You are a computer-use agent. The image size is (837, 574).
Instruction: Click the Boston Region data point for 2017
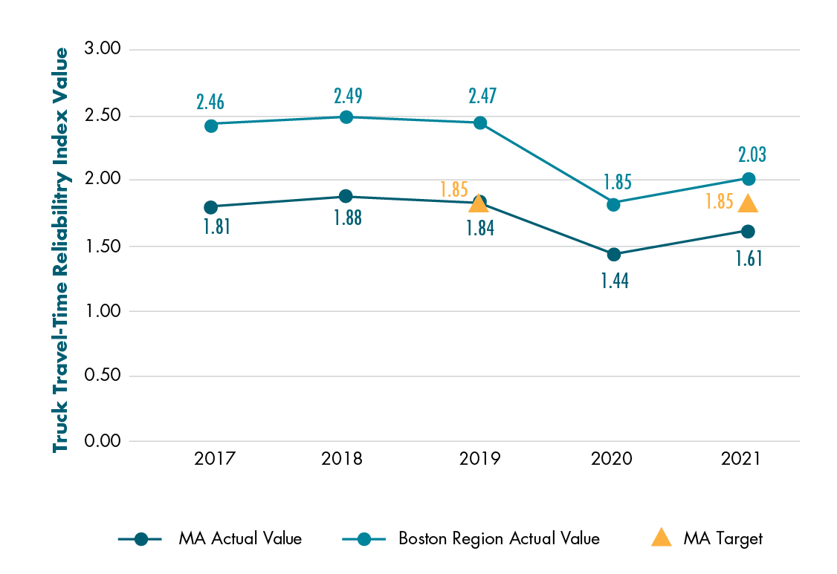coord(211,125)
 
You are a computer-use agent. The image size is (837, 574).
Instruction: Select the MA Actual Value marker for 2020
coord(614,255)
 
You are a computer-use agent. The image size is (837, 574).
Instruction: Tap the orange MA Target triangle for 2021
coord(749,203)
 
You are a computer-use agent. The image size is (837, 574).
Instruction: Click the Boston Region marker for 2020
coord(614,204)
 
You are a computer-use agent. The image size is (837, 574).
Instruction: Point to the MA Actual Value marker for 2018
coord(346,196)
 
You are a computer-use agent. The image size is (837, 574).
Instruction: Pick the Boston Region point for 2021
coord(749,179)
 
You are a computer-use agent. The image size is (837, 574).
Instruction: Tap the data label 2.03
coord(752,155)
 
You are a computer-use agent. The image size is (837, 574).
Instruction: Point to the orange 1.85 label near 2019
coord(453,189)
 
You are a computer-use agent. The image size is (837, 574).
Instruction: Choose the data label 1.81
coord(216,226)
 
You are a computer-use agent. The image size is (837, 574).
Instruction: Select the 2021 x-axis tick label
coord(741,459)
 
